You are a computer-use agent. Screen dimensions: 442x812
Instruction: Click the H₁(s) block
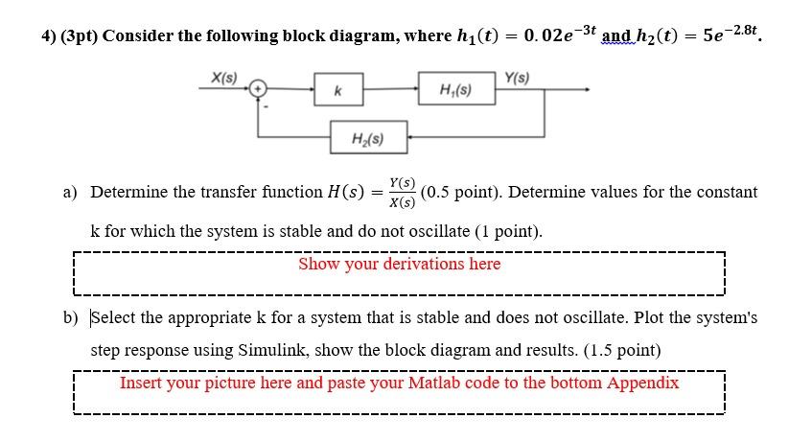(456, 90)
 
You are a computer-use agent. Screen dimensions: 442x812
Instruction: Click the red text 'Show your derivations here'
(399, 264)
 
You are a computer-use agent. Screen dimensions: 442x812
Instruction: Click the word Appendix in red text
(641, 383)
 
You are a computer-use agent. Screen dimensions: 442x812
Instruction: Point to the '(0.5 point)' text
(459, 192)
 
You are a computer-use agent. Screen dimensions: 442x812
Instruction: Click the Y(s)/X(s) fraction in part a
(402, 192)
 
